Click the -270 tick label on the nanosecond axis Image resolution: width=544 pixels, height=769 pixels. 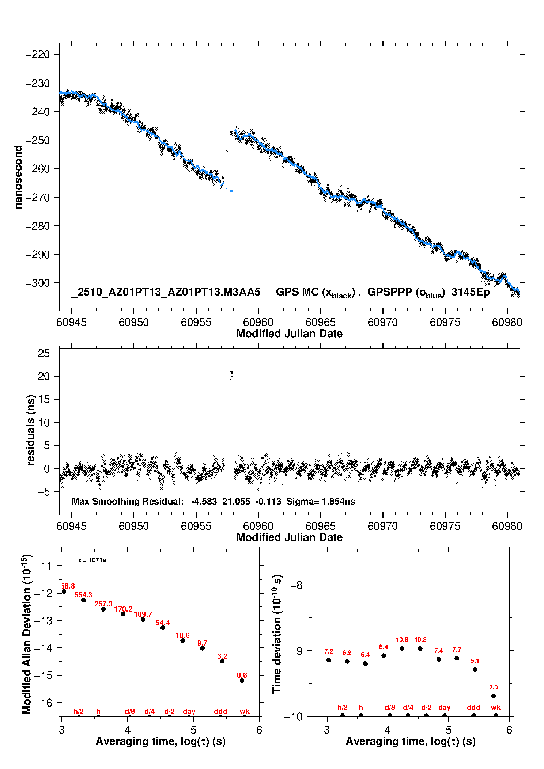coord(37,197)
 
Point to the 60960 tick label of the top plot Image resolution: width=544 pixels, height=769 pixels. coord(258,322)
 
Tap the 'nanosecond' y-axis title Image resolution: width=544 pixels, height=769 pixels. coord(18,177)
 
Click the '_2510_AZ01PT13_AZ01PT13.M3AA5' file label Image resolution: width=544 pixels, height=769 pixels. coord(166,292)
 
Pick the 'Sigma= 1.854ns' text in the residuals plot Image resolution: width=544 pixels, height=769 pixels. coord(321,502)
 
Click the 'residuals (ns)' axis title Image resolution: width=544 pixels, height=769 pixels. coord(31,430)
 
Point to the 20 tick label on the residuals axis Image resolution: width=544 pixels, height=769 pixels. coord(44,376)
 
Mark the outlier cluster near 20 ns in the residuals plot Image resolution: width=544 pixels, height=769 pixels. coord(231,375)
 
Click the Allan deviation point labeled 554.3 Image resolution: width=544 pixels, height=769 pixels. coord(83,600)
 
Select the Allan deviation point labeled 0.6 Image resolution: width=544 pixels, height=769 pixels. coord(242,681)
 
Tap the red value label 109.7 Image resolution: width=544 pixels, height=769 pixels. coord(143,614)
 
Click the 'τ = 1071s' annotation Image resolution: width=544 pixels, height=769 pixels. coord(92,560)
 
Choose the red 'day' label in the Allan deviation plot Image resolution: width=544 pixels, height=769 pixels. coord(189,711)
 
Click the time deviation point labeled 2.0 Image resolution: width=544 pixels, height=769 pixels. coord(494,696)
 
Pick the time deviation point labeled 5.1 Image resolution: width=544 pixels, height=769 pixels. coord(475,670)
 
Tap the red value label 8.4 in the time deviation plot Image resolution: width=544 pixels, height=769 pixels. coord(384,647)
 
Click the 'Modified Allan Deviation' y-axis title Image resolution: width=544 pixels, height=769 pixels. coord(27,634)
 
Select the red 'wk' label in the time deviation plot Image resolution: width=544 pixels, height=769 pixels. coord(496,708)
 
